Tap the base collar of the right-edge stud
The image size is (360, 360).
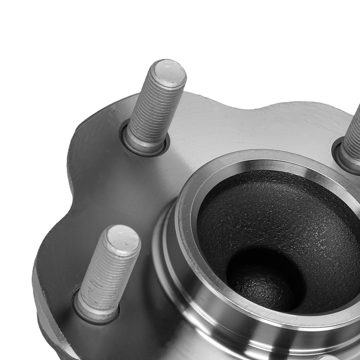(x=342, y=158)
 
